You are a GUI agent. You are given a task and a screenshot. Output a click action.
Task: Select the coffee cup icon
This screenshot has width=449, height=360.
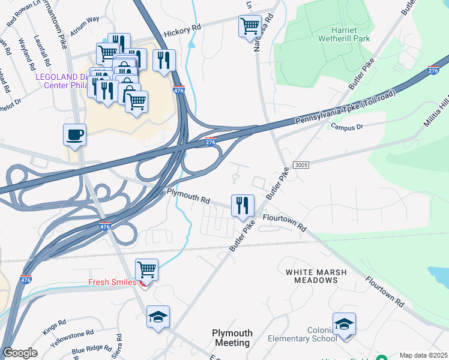(75, 134)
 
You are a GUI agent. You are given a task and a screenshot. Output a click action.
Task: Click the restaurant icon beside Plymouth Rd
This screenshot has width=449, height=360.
(243, 205)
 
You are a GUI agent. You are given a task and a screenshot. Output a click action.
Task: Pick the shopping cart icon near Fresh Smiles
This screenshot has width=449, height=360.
(146, 269)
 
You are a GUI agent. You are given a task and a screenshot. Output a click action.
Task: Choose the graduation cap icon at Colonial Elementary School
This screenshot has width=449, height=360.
(345, 324)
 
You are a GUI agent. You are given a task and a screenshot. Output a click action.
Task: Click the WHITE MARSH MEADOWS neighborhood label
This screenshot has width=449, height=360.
(316, 276)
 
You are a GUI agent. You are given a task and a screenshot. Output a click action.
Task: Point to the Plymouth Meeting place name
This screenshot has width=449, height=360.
(232, 338)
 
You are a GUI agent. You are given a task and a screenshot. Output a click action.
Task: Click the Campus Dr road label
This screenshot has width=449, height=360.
(347, 127)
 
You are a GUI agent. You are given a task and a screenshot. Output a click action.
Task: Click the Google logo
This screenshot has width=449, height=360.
(20, 353)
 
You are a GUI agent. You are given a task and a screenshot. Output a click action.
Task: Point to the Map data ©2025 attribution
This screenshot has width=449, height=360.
(423, 355)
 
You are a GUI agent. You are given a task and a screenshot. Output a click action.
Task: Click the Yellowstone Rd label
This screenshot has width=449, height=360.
(73, 336)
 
